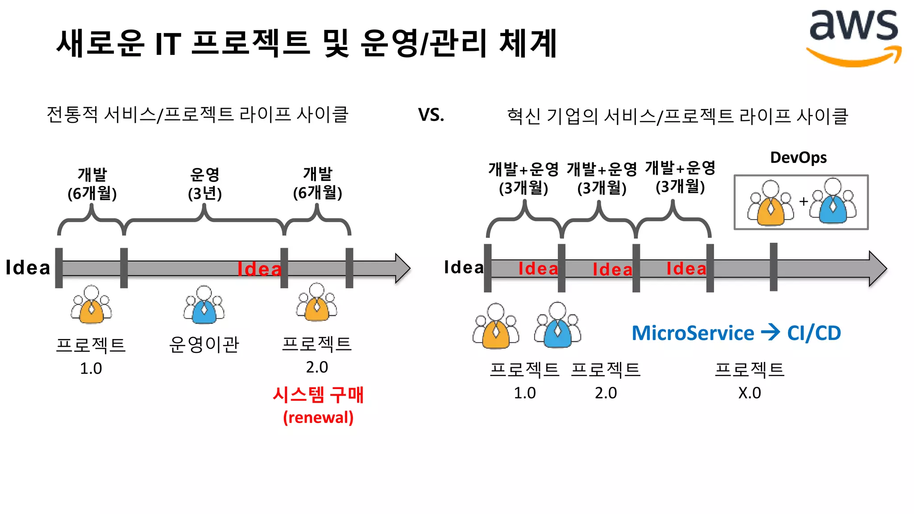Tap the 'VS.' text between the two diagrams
(431, 115)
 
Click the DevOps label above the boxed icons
(798, 158)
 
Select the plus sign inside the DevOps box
(803, 202)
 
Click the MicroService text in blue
(693, 333)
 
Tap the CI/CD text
(814, 333)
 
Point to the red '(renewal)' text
(318, 418)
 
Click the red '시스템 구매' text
(318, 395)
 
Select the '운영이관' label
(204, 344)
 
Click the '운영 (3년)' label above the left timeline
(205, 183)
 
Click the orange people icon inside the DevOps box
(770, 203)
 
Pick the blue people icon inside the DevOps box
(833, 202)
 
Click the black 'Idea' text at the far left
(28, 268)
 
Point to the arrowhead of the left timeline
(403, 268)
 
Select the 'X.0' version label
(749, 393)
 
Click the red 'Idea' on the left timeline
(259, 269)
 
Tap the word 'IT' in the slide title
(168, 44)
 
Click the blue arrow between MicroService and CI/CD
(770, 332)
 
